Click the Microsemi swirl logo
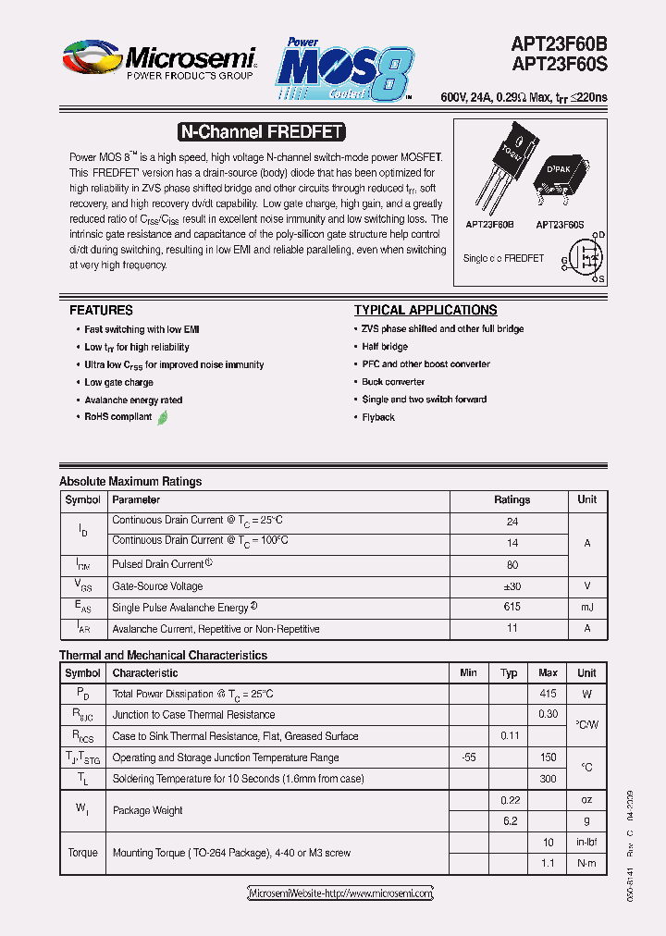92,56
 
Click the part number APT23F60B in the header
559,43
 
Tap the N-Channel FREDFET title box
260,132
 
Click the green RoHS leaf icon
163,417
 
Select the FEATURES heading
101,310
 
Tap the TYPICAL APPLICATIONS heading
425,310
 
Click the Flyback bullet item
378,417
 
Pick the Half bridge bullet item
385,347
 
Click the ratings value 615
512,608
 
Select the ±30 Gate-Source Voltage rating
512,586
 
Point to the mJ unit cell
586,608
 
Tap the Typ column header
509,673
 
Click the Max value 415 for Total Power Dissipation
548,694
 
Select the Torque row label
82,853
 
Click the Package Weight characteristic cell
148,810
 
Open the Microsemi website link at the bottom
340,893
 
